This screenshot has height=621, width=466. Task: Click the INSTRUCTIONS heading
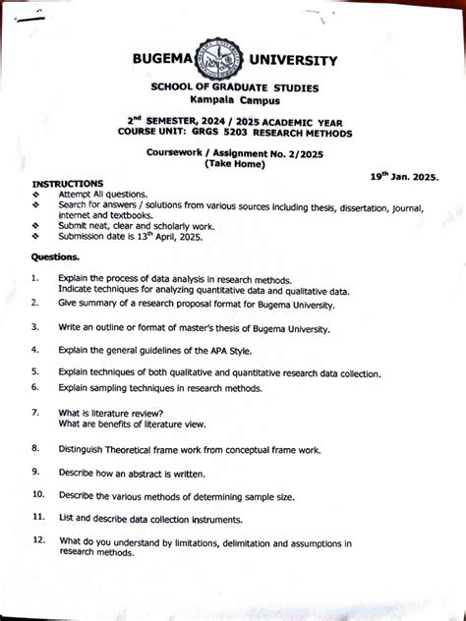click(67, 184)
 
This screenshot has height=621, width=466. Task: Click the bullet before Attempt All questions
click(35, 195)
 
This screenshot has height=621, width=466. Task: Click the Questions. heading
click(55, 257)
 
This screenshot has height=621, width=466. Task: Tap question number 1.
click(34, 279)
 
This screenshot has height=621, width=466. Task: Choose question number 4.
click(34, 350)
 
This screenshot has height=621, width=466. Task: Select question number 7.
click(34, 413)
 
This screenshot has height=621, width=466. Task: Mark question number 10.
click(37, 494)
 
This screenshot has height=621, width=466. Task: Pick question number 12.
click(38, 540)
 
